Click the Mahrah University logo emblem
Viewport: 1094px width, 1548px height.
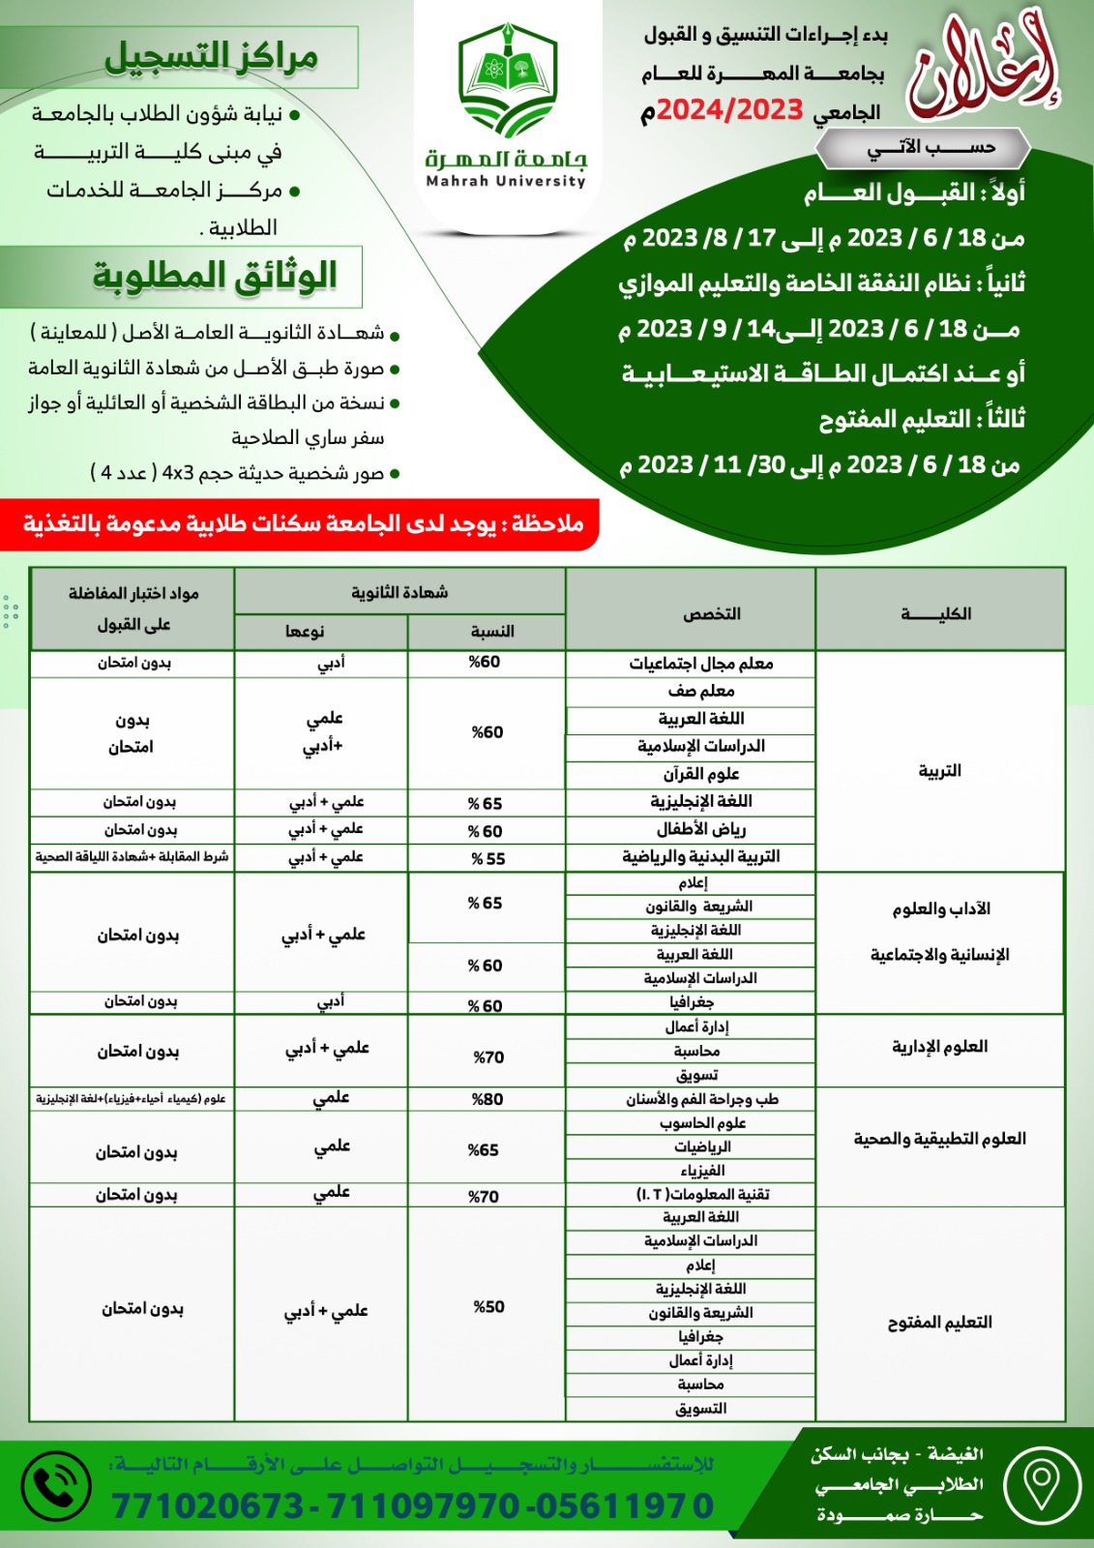pyautogui.click(x=507, y=81)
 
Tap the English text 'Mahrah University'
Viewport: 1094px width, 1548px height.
pyautogui.click(x=506, y=181)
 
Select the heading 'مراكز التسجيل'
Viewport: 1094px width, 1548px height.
pyautogui.click(x=211, y=56)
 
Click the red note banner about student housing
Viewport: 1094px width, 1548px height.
pyautogui.click(x=303, y=524)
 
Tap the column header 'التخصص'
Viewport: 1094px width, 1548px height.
pyautogui.click(x=711, y=613)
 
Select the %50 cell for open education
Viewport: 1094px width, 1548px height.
pyautogui.click(x=488, y=1307)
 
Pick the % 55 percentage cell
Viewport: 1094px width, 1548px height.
pyautogui.click(x=488, y=858)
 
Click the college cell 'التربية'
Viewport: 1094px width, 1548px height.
pyautogui.click(x=939, y=770)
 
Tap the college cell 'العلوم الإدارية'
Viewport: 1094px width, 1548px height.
pyautogui.click(x=939, y=1047)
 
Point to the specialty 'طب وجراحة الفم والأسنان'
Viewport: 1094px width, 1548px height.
pyautogui.click(x=701, y=1099)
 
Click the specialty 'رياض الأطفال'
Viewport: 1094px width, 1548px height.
pyautogui.click(x=701, y=829)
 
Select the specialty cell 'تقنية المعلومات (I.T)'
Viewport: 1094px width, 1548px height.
pyautogui.click(x=702, y=1195)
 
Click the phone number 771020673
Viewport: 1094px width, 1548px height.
pyautogui.click(x=208, y=1506)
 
